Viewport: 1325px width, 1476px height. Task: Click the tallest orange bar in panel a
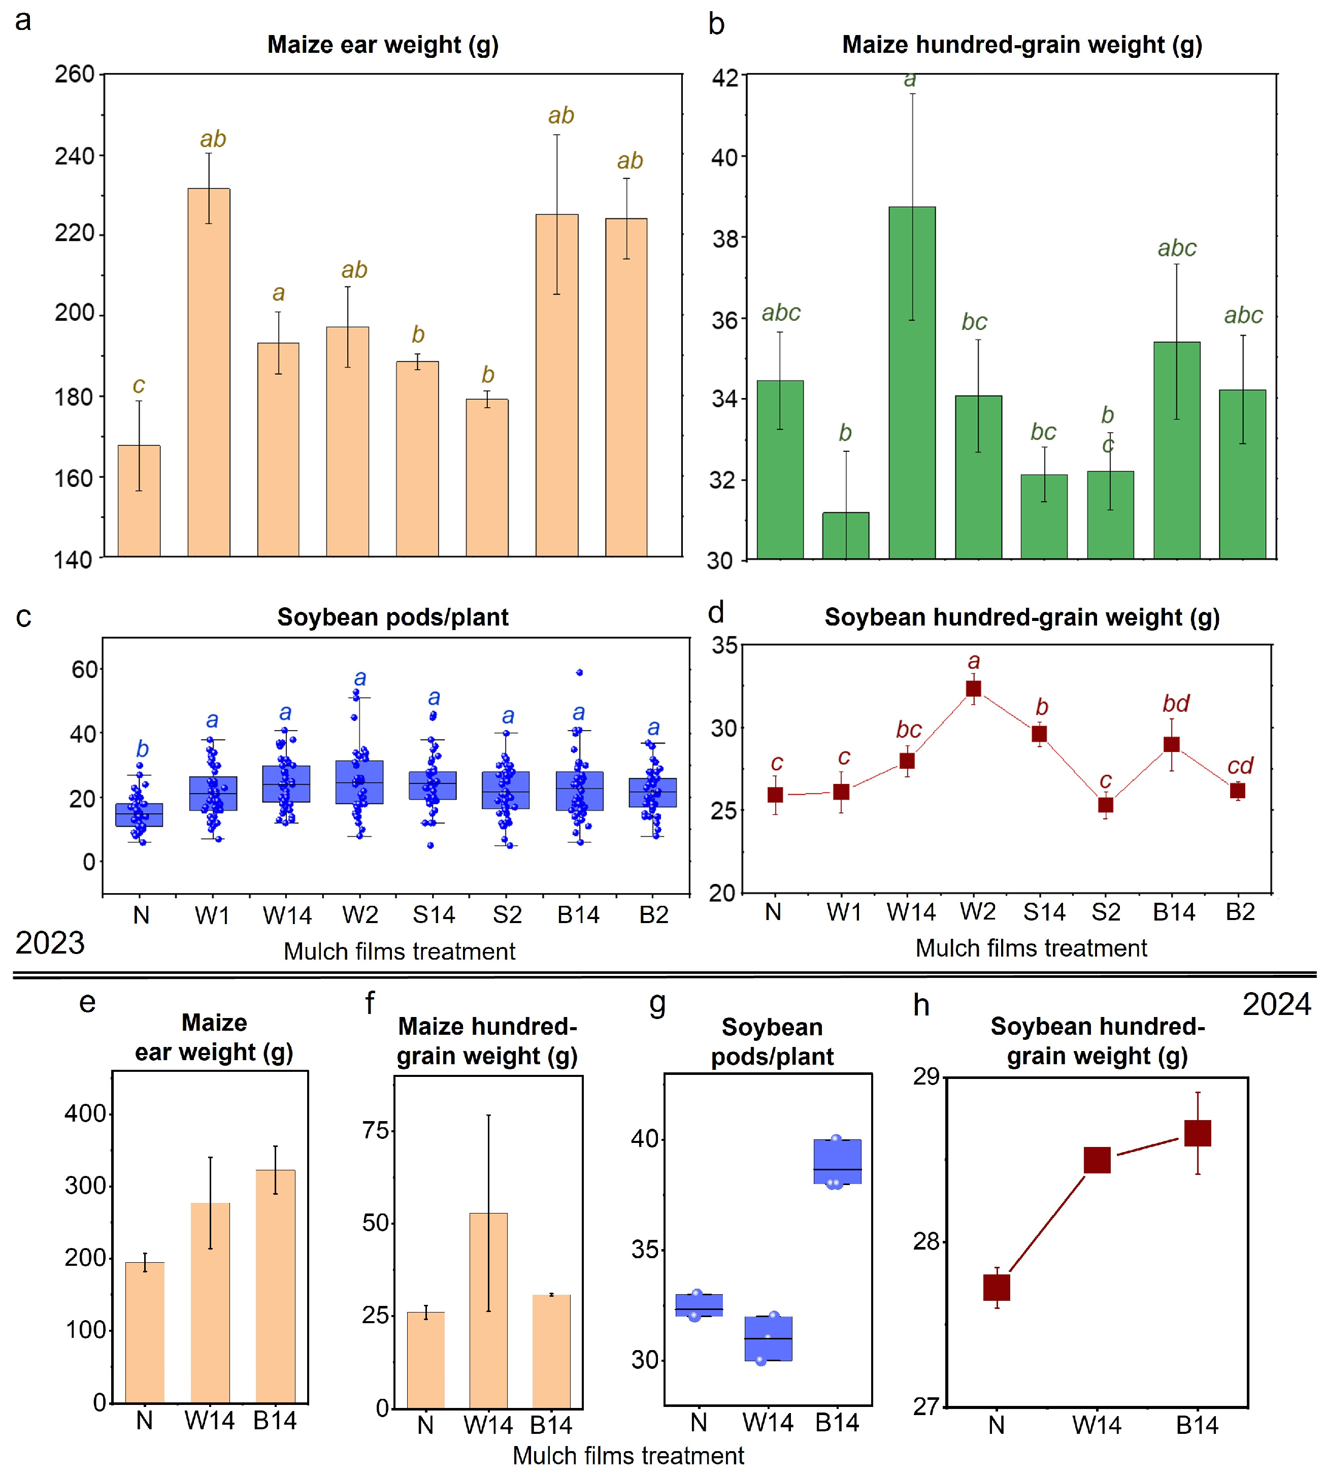click(x=209, y=373)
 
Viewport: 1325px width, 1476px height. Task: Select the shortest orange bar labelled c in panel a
click(x=139, y=501)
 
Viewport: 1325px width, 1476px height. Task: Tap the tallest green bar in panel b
click(x=912, y=383)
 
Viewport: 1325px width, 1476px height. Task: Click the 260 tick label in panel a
click(x=75, y=74)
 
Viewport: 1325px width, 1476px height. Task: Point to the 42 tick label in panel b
click(x=724, y=77)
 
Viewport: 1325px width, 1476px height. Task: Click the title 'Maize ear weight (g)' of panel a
click(x=383, y=44)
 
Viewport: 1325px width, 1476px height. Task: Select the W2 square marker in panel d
click(x=973, y=689)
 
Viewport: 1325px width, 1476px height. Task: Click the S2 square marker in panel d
click(x=1106, y=805)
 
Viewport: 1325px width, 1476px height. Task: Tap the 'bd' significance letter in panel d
click(x=1176, y=703)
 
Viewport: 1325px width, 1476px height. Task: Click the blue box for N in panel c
click(x=139, y=815)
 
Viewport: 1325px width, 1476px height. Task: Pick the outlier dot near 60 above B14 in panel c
click(x=580, y=673)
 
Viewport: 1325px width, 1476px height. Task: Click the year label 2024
click(x=1277, y=1004)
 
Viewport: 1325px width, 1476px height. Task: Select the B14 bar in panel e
click(x=275, y=1286)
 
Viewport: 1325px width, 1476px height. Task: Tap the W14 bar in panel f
click(x=488, y=1310)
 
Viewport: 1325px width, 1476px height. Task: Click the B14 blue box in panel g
click(x=837, y=1161)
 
